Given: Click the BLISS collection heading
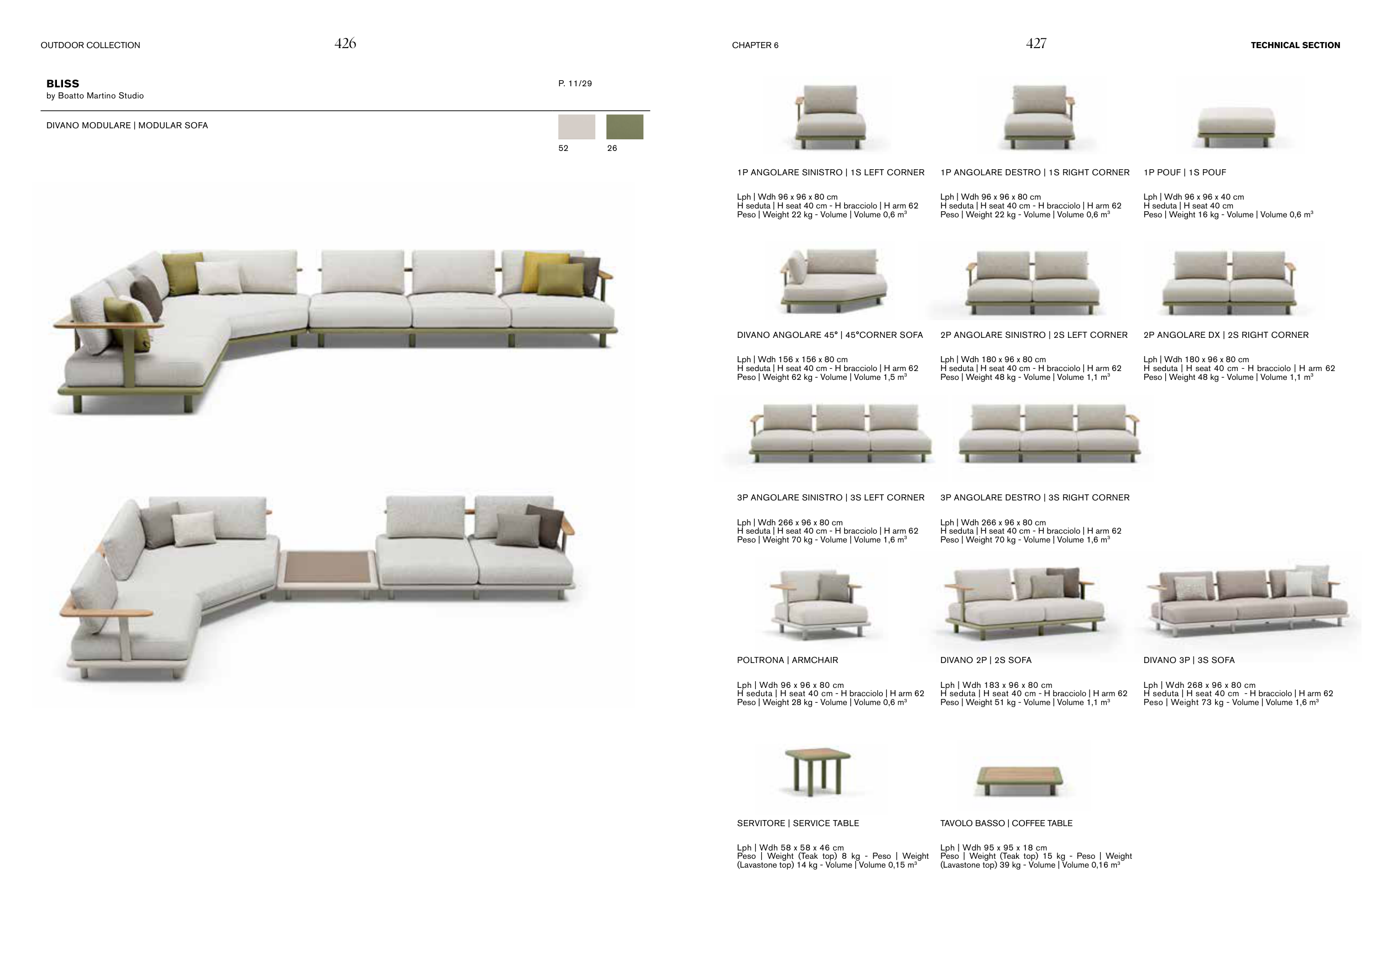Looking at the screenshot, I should point(62,83).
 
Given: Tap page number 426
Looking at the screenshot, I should point(345,43).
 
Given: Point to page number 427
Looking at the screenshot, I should point(1036,43).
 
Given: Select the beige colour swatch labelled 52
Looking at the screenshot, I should point(576,127).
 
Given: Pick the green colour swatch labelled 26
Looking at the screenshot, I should point(624,127).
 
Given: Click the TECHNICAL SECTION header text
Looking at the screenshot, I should point(1295,45).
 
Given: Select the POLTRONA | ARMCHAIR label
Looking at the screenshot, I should point(787,660).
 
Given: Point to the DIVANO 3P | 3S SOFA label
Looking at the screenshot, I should point(1189,660).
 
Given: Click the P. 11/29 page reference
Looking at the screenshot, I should point(575,83).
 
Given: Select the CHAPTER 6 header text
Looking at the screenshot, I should point(755,45).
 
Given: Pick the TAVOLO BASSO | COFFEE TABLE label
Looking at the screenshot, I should point(1006,823).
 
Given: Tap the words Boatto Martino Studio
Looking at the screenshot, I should point(101,96).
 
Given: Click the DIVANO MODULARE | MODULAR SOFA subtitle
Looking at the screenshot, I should point(127,125).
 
